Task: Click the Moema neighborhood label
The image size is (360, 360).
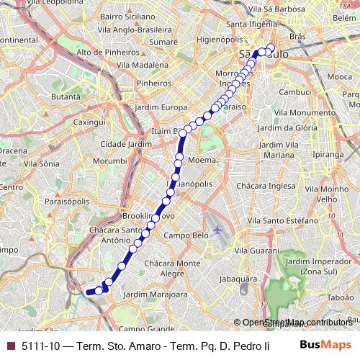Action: tap(199, 160)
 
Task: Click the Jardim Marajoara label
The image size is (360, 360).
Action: tap(156, 294)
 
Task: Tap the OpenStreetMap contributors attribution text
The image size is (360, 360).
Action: tap(297, 323)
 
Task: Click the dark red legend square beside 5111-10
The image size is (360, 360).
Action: tap(9, 346)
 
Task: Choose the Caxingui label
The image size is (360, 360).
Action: tap(89, 122)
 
